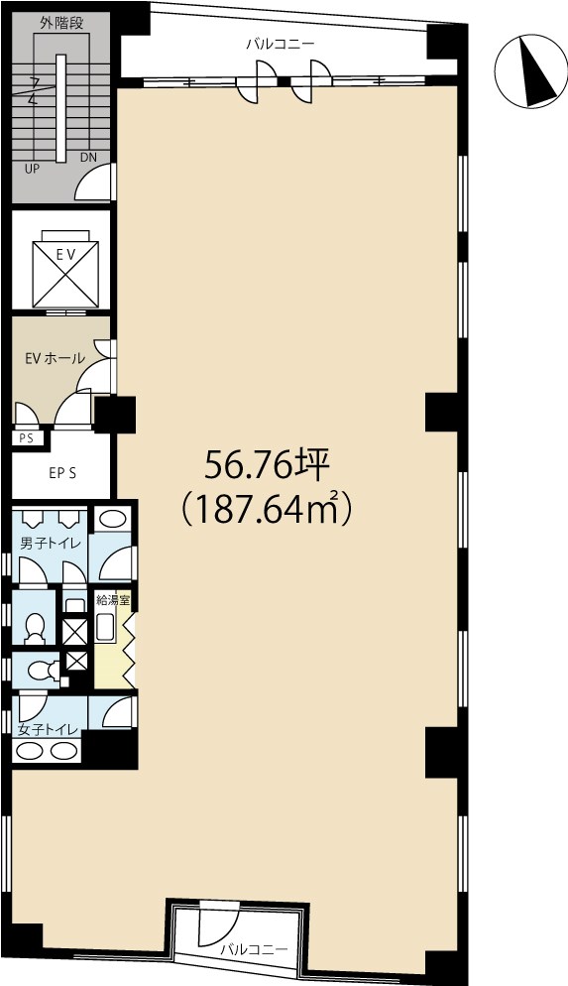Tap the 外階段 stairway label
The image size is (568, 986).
coord(61,21)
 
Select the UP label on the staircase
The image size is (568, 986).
coord(32,169)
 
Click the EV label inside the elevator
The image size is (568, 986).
coord(65,255)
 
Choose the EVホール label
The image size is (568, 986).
coord(55,358)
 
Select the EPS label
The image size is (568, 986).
coord(63,473)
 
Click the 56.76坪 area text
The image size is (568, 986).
coord(267,463)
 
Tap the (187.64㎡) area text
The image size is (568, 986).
coord(268,510)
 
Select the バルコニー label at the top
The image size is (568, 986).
coord(281,45)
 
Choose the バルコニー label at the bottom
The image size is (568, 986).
coord(254,949)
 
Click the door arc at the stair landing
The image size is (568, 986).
coord(97,184)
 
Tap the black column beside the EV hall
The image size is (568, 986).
coord(115,414)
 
